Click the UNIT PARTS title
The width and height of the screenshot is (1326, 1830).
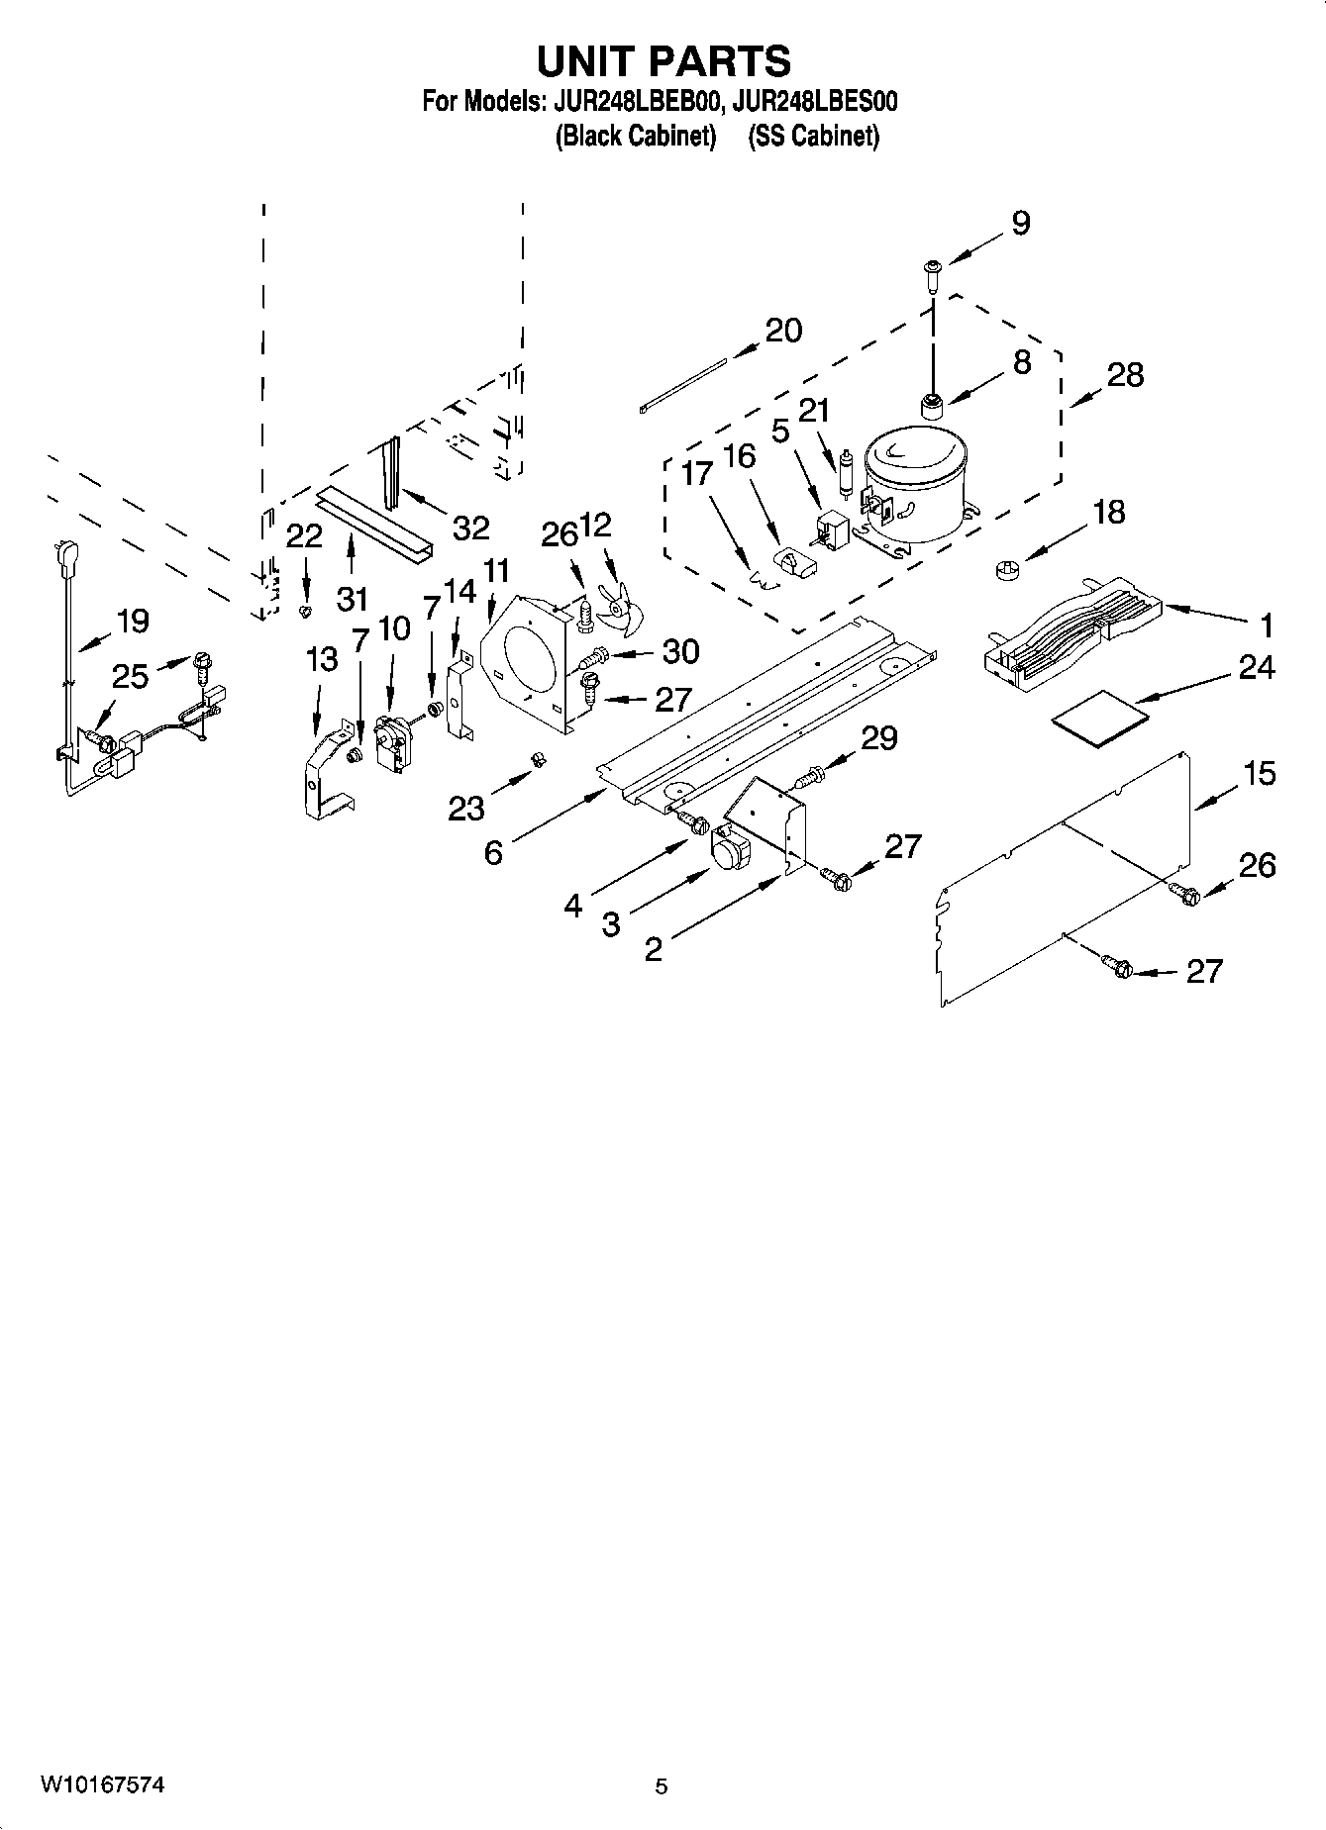tap(663, 61)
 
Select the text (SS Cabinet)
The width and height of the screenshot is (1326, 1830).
tap(813, 137)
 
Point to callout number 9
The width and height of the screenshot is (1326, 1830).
tap(1020, 224)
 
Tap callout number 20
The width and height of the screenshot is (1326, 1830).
tap(783, 331)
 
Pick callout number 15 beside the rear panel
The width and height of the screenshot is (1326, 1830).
tap(1260, 773)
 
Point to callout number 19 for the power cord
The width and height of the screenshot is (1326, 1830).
tap(132, 622)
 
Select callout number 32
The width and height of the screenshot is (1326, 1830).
tap(470, 529)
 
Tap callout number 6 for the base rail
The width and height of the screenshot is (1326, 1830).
tap(493, 851)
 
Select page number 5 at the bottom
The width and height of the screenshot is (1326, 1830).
tap(662, 1786)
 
